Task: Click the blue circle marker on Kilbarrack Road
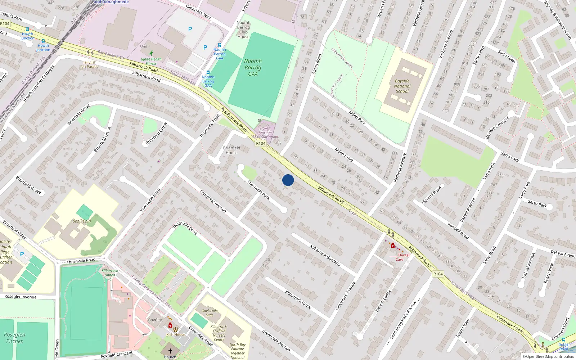point(288,180)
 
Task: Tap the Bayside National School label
point(402,86)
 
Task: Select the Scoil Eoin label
point(82,221)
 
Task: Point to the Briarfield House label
point(231,150)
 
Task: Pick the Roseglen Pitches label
point(15,338)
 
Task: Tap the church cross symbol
point(170,351)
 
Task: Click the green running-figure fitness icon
point(151,53)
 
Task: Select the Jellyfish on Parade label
point(90,64)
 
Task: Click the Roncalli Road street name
point(458,231)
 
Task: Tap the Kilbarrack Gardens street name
point(325,255)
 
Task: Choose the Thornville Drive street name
point(185,228)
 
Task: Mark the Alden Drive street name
point(343,154)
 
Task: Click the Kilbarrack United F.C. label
point(110,275)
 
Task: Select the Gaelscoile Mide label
point(210,313)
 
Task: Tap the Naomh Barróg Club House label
point(243,30)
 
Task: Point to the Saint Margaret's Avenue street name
point(403,320)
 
